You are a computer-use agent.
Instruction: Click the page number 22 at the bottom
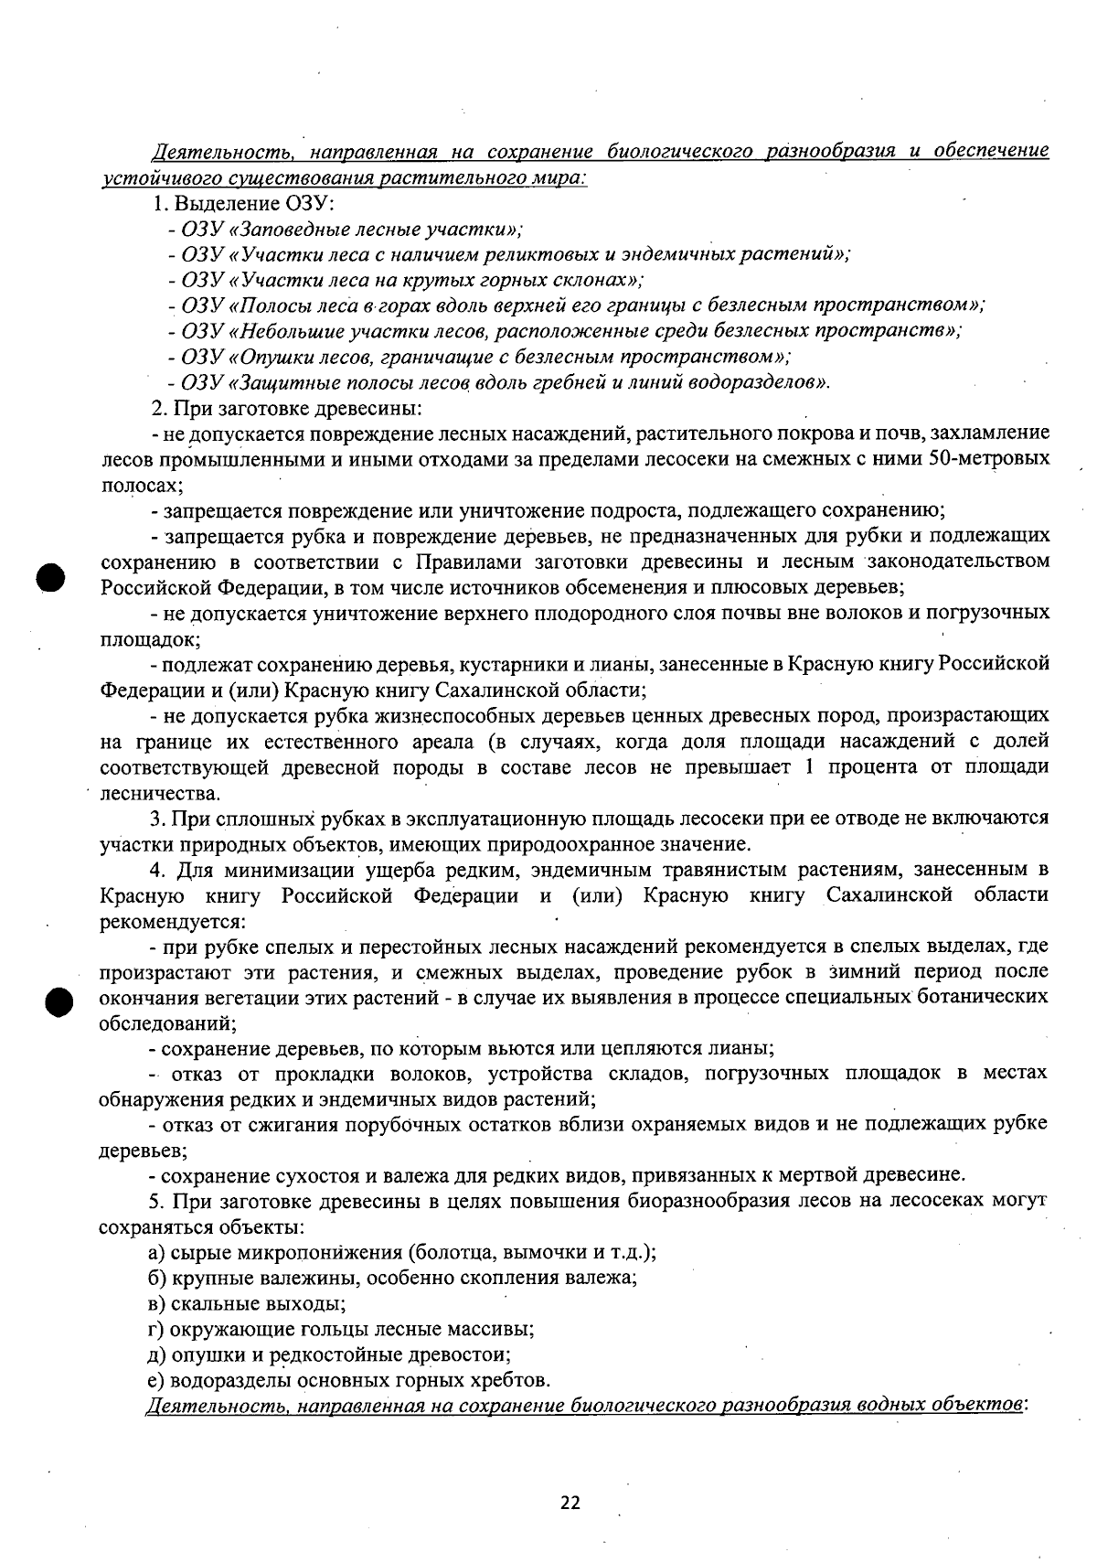coord(570,1503)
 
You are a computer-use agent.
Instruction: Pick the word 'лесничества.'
coord(146,792)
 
